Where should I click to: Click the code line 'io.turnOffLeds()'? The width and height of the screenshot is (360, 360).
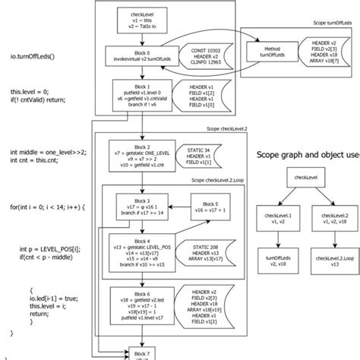pos(32,55)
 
